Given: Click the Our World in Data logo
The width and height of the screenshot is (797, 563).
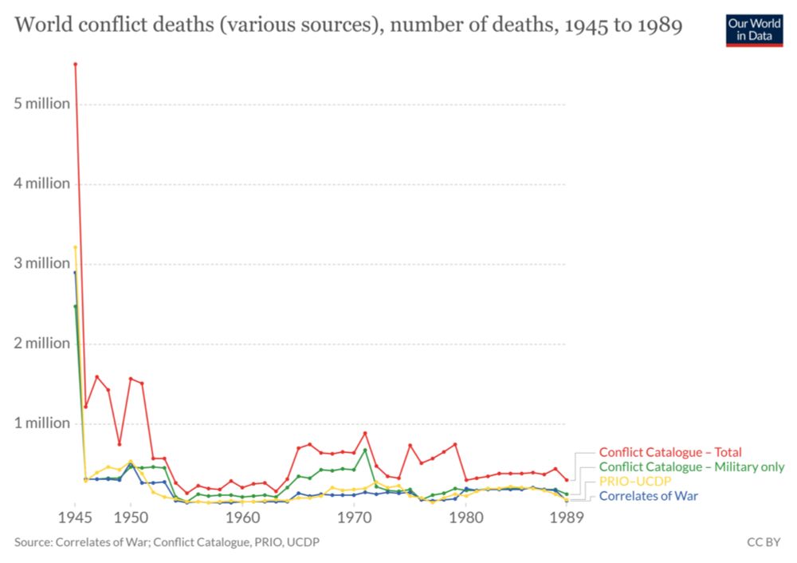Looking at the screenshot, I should coord(754,29).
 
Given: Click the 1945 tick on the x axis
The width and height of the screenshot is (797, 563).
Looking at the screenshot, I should coord(75,518).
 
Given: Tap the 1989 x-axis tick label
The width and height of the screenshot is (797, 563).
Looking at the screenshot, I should coord(567,518).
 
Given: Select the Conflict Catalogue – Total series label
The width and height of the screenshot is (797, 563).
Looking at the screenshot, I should coord(669,452).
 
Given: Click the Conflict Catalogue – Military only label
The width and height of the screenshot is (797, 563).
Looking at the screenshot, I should coord(691,467).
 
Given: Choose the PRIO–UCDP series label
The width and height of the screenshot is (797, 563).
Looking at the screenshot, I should coord(635,482).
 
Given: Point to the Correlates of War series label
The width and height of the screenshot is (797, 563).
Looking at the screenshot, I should coord(647,496).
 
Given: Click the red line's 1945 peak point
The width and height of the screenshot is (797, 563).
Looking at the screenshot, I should coord(75,64).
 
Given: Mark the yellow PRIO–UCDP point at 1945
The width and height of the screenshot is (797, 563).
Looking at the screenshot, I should coord(75,247).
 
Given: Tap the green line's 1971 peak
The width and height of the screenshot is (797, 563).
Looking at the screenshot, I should coord(365,450).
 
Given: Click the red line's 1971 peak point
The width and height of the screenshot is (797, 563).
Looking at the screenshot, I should coord(365,433).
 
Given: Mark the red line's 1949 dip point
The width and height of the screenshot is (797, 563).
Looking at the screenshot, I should coord(120,444).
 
